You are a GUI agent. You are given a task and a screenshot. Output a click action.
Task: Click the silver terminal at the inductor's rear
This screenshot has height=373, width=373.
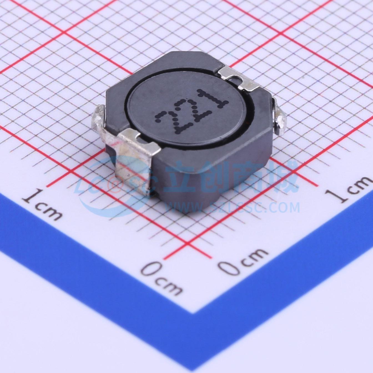pos(239,78)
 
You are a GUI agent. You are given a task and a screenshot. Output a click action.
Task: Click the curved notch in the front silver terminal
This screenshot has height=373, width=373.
pos(140,138)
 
